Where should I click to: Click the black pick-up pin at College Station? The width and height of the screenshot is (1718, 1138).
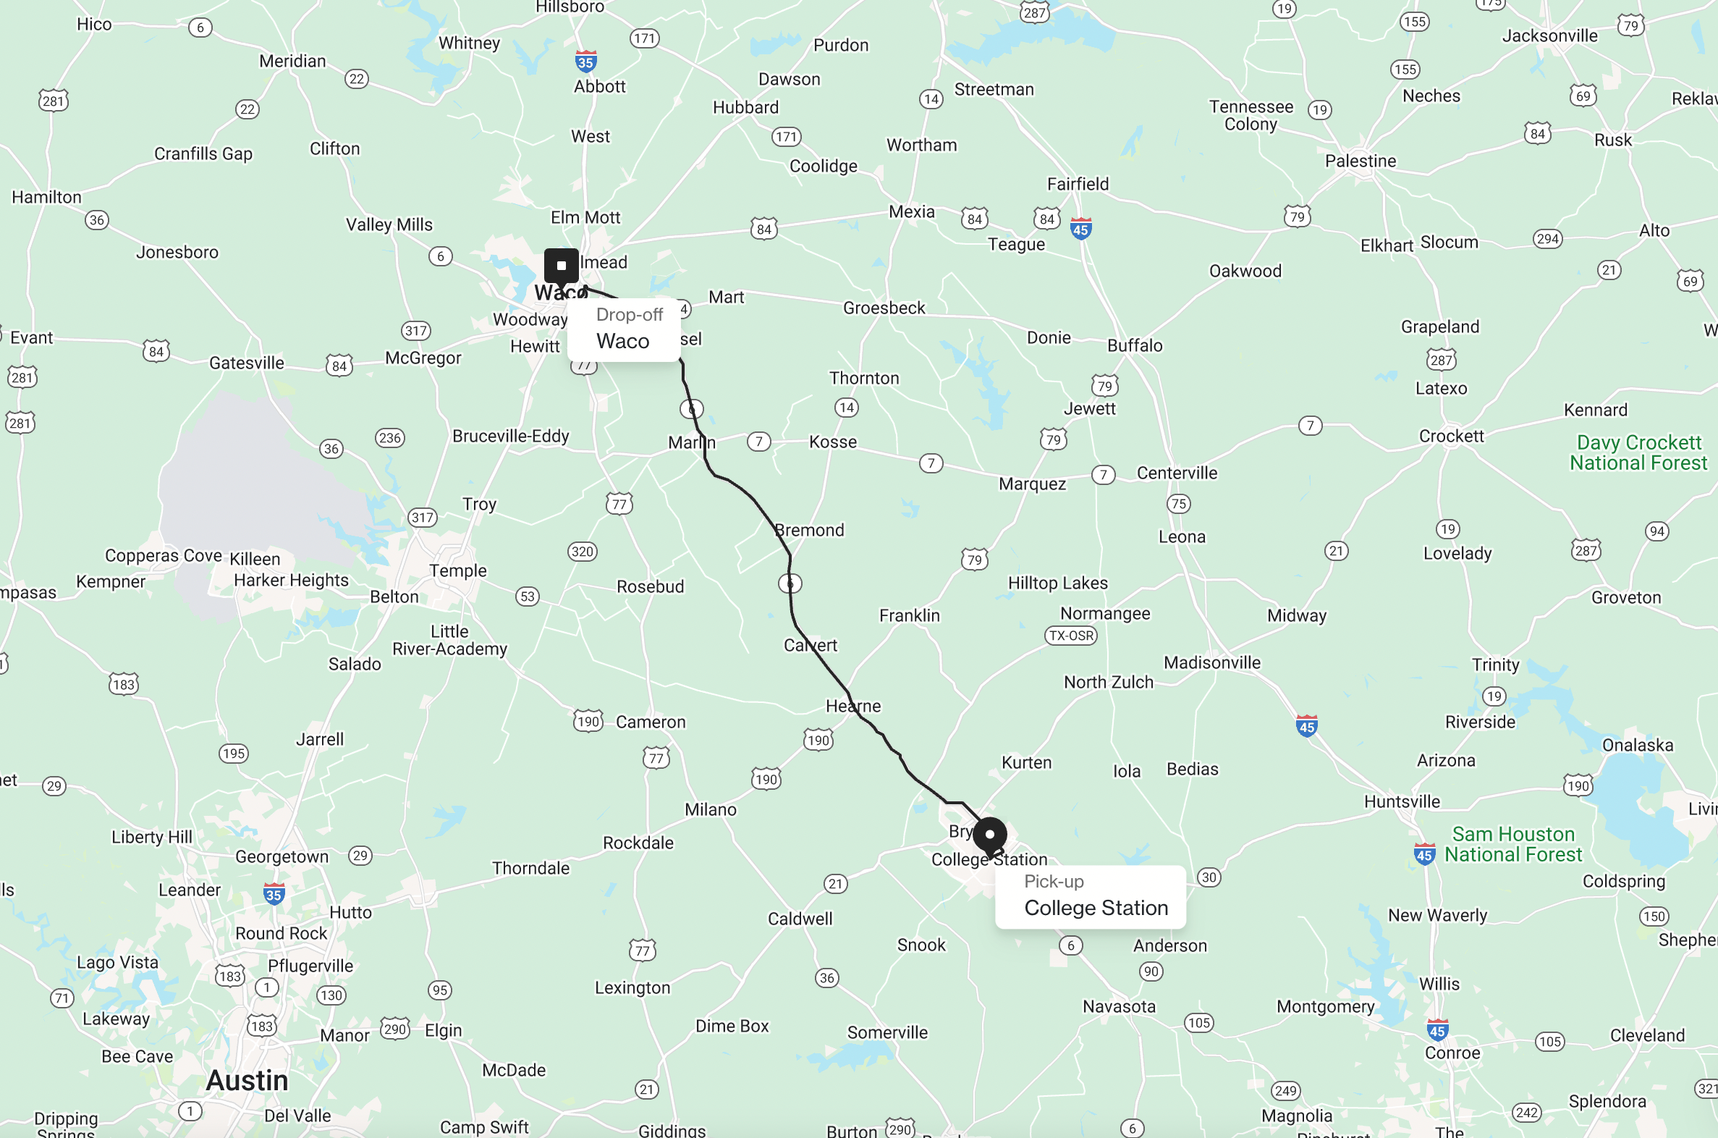tap(989, 835)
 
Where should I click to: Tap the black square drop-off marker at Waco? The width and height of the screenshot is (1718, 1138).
tap(561, 266)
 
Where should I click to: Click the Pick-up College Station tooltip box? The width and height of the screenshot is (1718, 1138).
tap(1091, 896)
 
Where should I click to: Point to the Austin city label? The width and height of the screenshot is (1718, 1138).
tap(247, 1080)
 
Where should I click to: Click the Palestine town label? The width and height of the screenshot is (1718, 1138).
tap(1361, 161)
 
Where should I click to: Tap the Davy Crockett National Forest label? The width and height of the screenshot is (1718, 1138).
tap(1638, 452)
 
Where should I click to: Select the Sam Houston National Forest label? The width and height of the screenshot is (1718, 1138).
tap(1512, 844)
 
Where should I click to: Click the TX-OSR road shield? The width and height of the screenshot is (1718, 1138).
tap(1071, 636)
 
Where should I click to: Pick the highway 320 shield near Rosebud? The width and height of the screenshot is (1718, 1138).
tap(582, 552)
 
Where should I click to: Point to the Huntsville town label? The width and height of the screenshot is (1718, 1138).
tap(1402, 801)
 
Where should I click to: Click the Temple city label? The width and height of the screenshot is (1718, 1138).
tap(458, 570)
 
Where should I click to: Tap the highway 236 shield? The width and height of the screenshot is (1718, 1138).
tap(389, 438)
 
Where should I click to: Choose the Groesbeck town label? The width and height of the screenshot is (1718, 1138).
tap(884, 308)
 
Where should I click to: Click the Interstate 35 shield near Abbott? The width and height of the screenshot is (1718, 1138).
tap(585, 61)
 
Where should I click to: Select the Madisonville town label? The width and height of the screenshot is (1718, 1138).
tap(1211, 662)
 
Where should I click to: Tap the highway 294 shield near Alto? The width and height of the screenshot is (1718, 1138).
tap(1546, 239)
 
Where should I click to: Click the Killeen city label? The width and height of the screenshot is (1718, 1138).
tap(255, 559)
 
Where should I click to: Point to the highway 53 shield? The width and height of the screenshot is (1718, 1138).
tap(528, 597)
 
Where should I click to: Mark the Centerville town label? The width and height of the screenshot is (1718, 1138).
tap(1177, 473)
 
